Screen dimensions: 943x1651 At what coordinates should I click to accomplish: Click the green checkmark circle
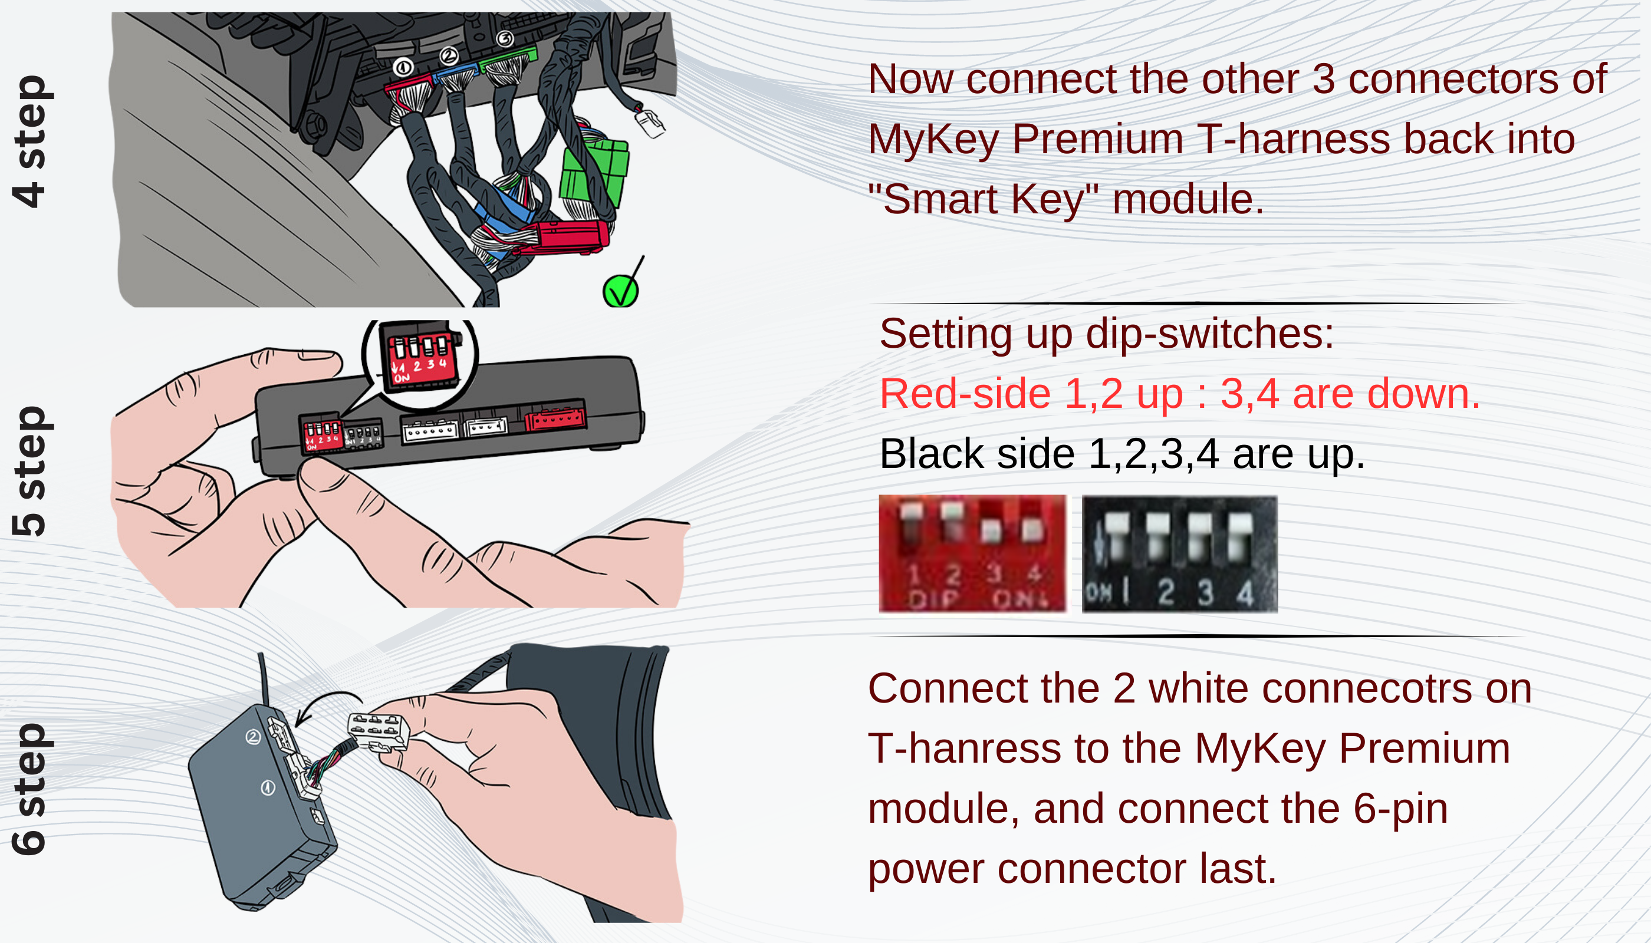click(x=620, y=292)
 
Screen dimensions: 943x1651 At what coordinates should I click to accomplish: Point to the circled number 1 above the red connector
click(x=403, y=67)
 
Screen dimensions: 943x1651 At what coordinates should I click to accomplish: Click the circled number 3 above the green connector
click(x=505, y=39)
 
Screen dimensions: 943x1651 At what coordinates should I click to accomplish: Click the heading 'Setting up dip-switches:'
click(x=1107, y=334)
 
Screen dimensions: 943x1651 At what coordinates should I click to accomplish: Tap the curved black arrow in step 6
click(x=327, y=706)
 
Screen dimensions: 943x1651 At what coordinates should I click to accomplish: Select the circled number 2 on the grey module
click(x=253, y=736)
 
